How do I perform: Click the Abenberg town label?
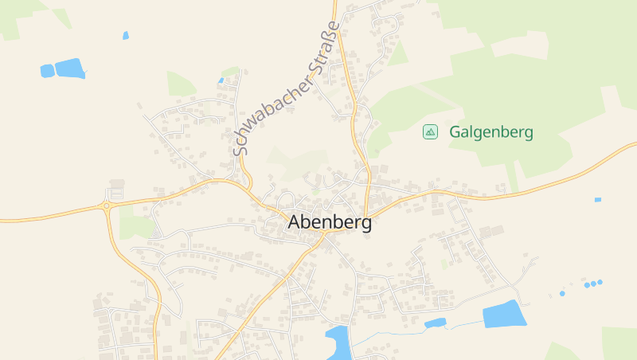330,223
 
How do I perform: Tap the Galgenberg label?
491,132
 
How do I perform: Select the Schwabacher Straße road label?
287,88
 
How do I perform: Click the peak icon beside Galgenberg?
430,131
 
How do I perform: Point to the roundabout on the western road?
106,206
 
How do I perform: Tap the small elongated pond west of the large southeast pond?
435,323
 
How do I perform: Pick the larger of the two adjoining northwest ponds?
70,68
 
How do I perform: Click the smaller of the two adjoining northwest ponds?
47,71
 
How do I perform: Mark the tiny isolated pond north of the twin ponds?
126,35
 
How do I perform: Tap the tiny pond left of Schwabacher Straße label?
221,80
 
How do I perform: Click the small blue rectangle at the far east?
598,199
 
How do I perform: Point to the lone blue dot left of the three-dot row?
561,293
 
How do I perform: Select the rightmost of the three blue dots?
600,281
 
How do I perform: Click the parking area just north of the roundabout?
116,190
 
